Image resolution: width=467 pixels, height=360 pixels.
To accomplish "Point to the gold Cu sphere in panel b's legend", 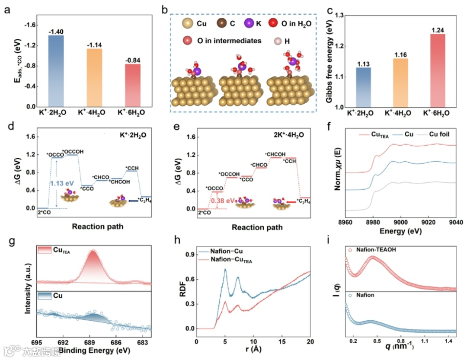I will [187, 24].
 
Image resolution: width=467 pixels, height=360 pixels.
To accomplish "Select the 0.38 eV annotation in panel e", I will [224, 201].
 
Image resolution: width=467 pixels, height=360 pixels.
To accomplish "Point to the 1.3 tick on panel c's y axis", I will [336, 16].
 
